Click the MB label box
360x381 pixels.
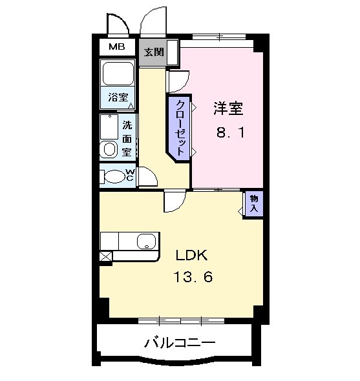pos(117,46)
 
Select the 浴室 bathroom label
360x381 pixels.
pos(118,98)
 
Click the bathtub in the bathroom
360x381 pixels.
pos(118,76)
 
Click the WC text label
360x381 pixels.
pos(129,175)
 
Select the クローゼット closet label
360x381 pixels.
pos(180,127)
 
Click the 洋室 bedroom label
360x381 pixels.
pos(228,108)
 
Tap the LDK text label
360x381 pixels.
pos(191,254)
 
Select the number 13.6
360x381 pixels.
pos(192,278)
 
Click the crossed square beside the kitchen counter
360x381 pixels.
pos(106,256)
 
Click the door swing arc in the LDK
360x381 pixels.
pos(175,202)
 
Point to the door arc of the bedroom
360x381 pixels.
pos(177,81)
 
